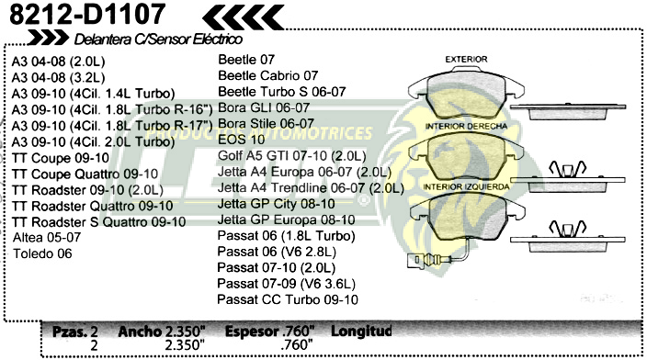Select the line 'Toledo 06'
coord(42,254)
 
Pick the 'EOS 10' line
coord(241,139)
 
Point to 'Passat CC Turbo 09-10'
coord(287,300)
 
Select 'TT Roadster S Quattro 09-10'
coord(99,221)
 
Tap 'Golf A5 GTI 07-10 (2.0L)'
coord(291,155)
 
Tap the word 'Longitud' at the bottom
coord(361,331)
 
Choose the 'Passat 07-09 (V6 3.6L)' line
coord(285,284)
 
